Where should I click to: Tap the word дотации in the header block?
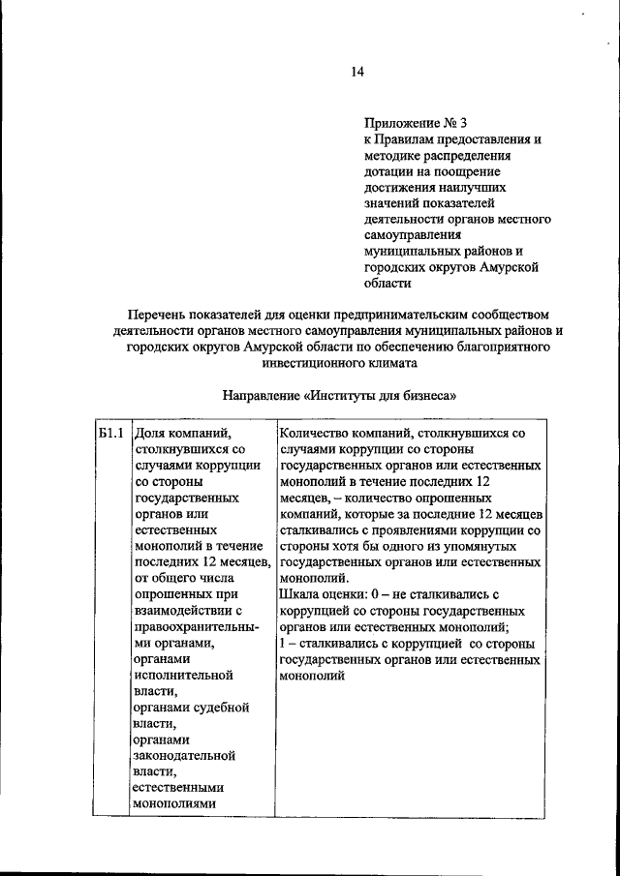point(391,170)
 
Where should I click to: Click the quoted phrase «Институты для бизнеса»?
point(379,396)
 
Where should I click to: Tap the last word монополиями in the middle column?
point(177,802)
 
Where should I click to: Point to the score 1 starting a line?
point(282,642)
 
